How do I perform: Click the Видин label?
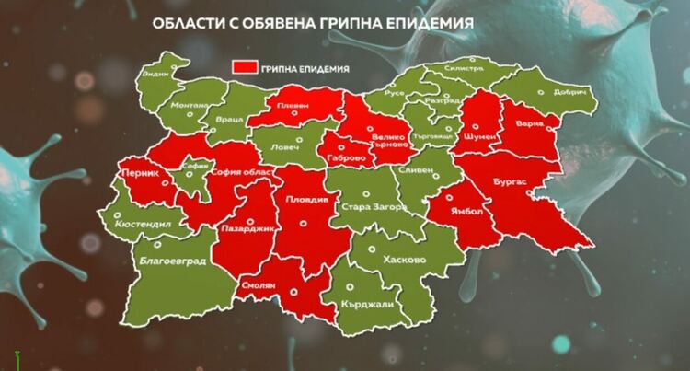coord(157,73)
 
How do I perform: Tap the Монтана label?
coord(189,107)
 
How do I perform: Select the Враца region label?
coord(232,121)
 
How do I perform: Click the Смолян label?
coord(260,286)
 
